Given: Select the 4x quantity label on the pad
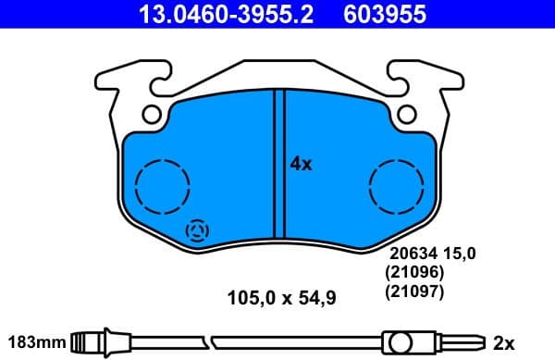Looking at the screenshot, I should pos(302,164).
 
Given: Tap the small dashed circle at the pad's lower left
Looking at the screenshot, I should pos(198,230).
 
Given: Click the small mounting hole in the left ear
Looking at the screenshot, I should pos(152,114).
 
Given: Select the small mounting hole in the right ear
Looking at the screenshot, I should pos(404,114).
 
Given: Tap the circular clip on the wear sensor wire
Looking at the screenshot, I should pos(400,343).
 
